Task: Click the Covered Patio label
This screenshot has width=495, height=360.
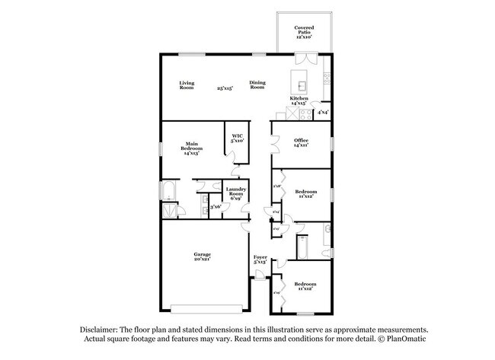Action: [x=304, y=31]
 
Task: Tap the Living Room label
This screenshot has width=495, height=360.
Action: [x=187, y=85]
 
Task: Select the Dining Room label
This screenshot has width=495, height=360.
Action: [x=257, y=85]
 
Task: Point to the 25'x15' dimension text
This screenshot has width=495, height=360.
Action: [x=224, y=88]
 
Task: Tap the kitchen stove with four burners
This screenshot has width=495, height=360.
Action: [x=306, y=115]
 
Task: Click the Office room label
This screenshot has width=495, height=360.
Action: [x=301, y=142]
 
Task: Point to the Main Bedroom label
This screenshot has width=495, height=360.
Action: [x=191, y=148]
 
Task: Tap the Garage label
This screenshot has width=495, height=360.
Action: [x=202, y=256]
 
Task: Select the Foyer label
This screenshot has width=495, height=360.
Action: [x=260, y=259]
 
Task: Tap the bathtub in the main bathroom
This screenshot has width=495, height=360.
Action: [x=168, y=190]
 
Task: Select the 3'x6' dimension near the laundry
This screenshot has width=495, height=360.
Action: [x=215, y=206]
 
